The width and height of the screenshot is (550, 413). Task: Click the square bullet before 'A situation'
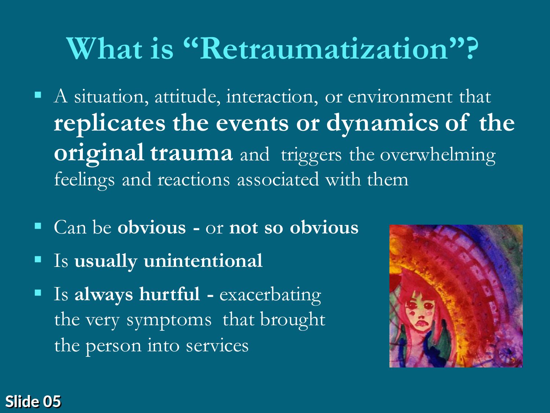point(38,95)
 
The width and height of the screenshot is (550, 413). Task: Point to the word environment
point(400,97)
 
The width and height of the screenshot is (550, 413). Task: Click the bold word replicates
point(110,124)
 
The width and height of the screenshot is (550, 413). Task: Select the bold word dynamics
point(382,124)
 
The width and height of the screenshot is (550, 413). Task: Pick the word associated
point(278,180)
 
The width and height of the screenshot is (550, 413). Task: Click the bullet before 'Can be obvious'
point(38,226)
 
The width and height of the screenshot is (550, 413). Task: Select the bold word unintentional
point(203,261)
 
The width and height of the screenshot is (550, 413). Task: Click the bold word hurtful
point(170,294)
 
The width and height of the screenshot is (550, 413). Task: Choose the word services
point(217,345)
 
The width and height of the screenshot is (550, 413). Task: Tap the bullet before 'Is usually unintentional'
point(38,259)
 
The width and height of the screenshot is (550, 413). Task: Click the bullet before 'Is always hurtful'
point(38,293)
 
